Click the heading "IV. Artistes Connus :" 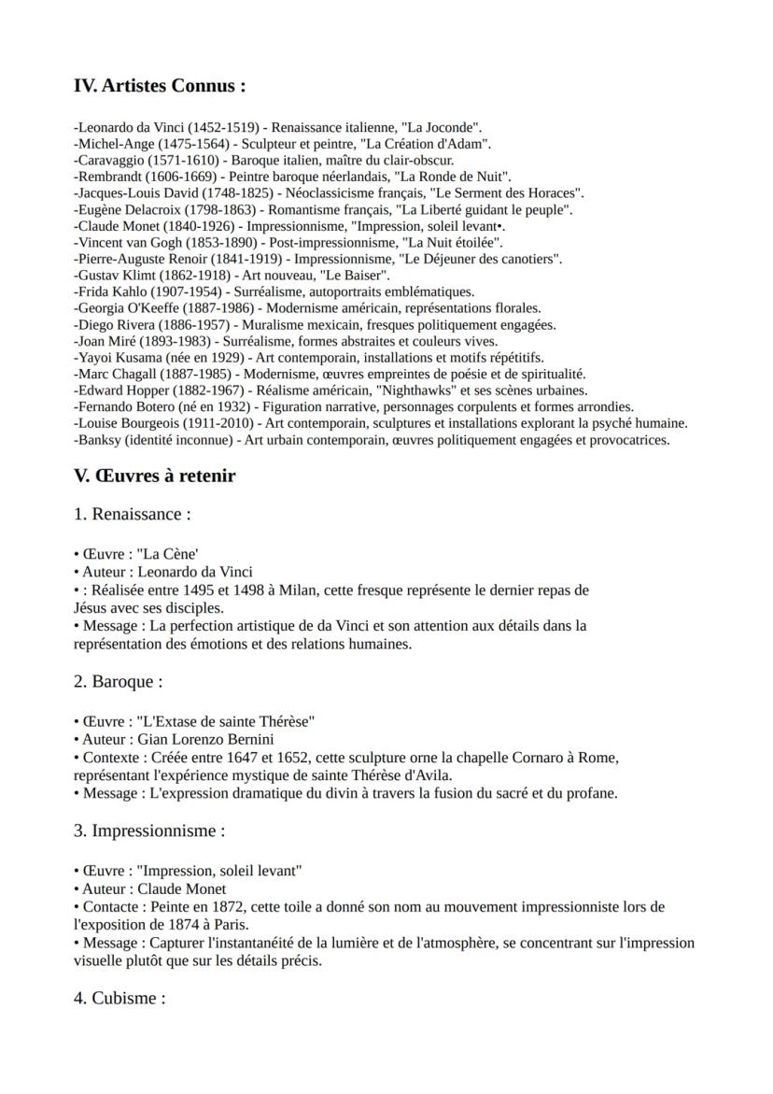[160, 86]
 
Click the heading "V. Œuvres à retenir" [154, 476]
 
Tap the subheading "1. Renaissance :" [132, 515]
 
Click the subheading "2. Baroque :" [118, 682]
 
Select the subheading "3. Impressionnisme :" [149, 831]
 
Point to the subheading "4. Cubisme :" [119, 998]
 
